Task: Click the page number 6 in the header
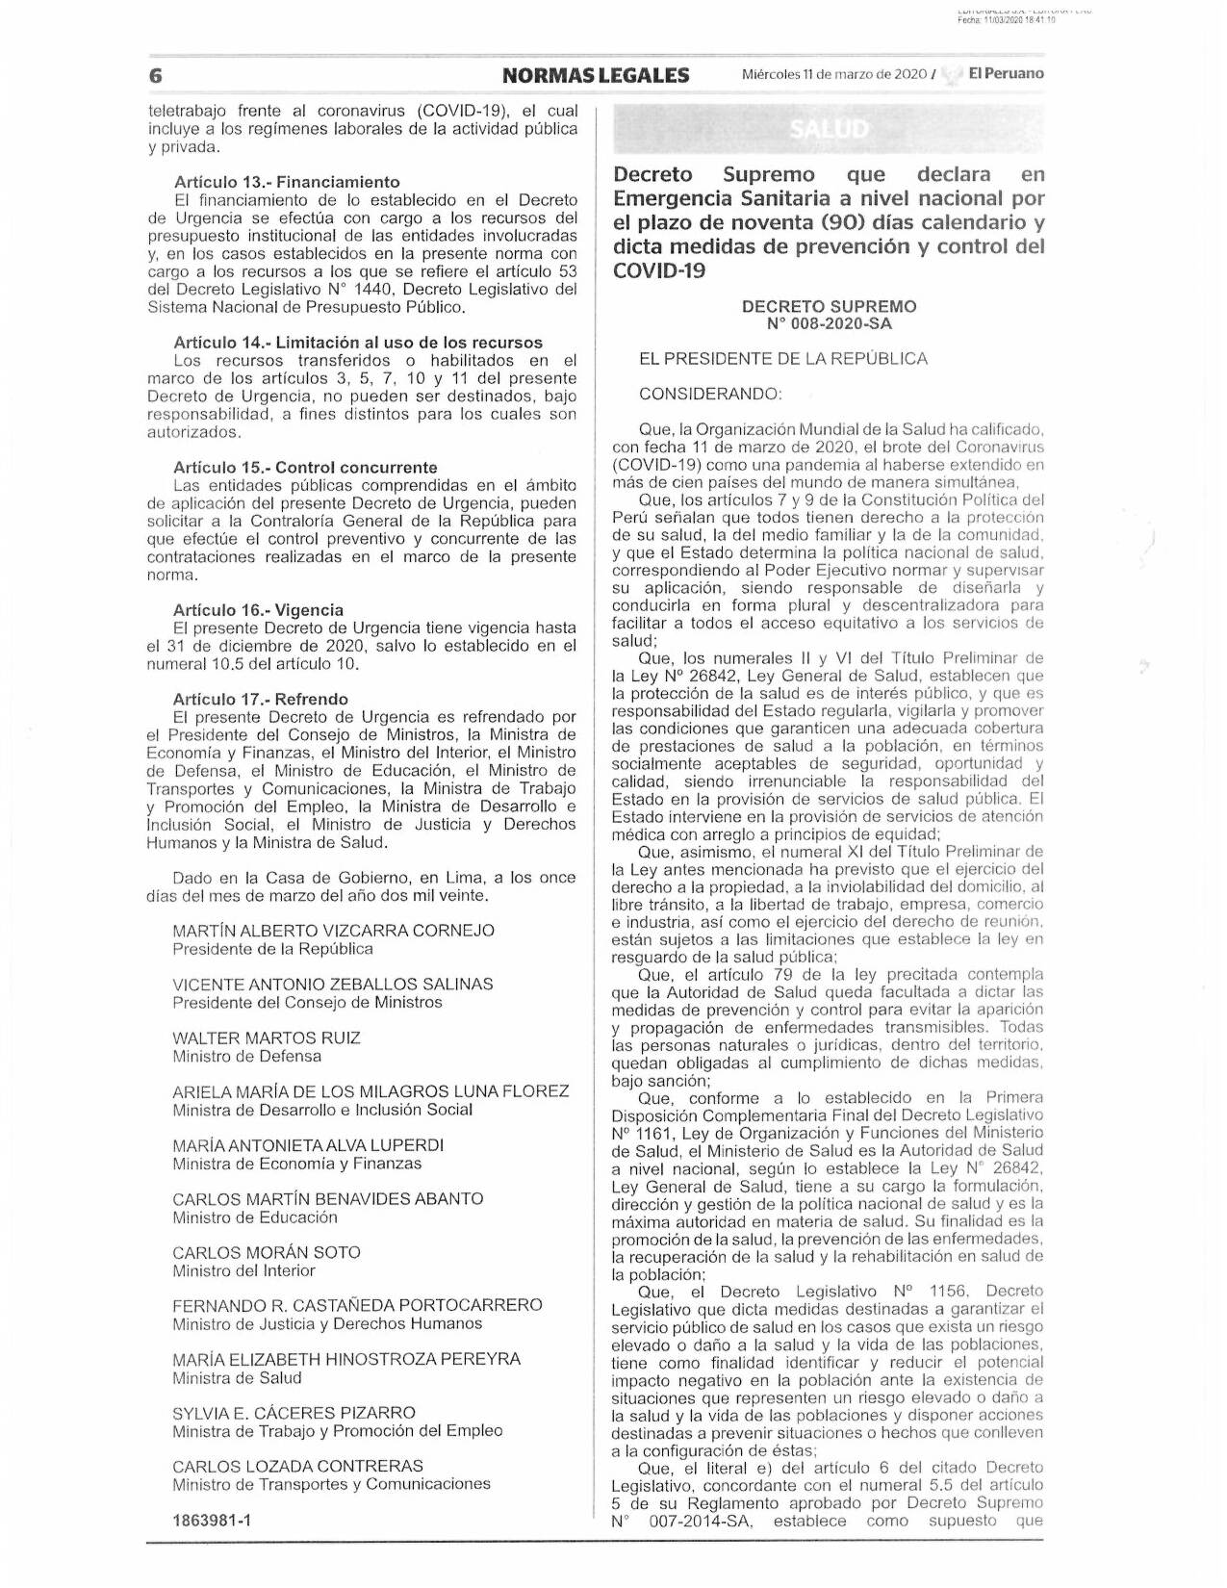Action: point(154,75)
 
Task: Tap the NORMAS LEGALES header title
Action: point(596,75)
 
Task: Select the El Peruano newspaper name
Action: point(1005,73)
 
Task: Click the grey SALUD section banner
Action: point(829,129)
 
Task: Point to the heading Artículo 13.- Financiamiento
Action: point(287,182)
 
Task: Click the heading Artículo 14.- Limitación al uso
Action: point(358,343)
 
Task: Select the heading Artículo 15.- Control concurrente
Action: point(305,468)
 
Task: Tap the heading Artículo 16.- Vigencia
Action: point(258,610)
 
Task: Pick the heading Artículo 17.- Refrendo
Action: point(261,700)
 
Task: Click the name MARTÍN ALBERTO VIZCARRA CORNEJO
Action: point(333,931)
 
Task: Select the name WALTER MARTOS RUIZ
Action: point(267,1037)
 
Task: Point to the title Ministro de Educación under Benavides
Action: point(255,1217)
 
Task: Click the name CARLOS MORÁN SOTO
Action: point(267,1252)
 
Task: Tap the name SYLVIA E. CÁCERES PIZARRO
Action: point(294,1413)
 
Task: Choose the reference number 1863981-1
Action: point(212,1522)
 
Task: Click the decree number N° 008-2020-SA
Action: point(829,324)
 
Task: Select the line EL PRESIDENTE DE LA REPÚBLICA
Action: point(783,359)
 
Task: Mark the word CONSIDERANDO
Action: point(710,394)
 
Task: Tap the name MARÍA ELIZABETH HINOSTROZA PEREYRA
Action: point(346,1359)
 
